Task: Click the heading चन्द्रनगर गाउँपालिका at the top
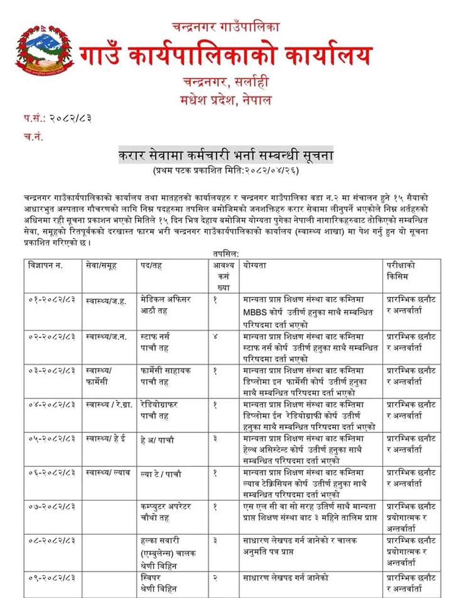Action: [x=226, y=27]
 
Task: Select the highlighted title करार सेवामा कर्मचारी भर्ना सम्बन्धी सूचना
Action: [x=226, y=156]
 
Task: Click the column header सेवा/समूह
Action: [x=102, y=266]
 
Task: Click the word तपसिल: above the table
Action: [x=226, y=255]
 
